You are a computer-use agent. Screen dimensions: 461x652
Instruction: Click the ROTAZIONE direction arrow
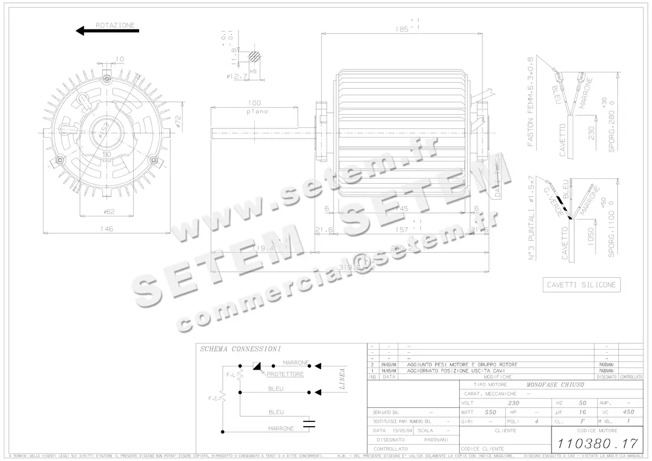(107, 30)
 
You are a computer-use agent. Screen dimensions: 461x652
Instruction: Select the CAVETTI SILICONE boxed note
(581, 285)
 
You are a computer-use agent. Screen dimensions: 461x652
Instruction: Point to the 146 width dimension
(106, 229)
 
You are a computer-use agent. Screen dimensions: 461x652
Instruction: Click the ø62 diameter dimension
(106, 211)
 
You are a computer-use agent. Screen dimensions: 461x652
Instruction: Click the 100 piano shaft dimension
(254, 103)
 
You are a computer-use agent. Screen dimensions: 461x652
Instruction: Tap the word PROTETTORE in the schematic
(285, 374)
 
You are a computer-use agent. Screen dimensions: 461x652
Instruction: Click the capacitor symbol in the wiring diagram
(309, 422)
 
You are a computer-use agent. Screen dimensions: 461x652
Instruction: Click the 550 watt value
(491, 412)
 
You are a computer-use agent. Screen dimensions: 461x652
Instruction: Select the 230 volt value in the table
(513, 403)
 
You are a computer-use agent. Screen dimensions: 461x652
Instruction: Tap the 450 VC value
(628, 412)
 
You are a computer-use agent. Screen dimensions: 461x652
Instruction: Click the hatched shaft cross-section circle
(255, 56)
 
